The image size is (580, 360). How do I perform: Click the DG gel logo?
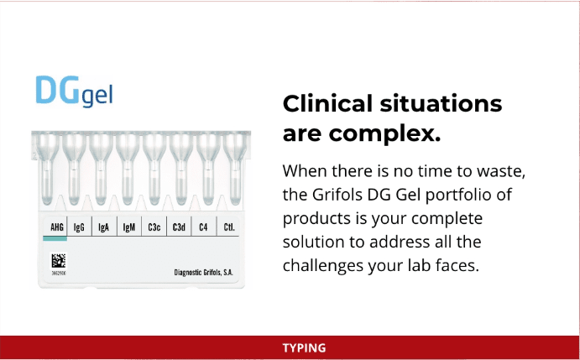tap(74, 91)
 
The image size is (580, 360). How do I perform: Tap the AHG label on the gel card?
tap(57, 227)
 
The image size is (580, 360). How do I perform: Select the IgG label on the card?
tap(79, 227)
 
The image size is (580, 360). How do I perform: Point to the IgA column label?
tap(103, 227)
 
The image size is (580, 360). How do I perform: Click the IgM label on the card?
tap(128, 227)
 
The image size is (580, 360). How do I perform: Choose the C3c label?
tap(154, 227)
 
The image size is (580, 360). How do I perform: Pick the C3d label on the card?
tap(179, 227)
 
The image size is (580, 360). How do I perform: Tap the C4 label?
tap(203, 227)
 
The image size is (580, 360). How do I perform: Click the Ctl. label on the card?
tap(229, 227)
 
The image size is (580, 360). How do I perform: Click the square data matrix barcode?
tap(59, 261)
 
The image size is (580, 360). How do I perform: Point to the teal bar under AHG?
tap(55, 238)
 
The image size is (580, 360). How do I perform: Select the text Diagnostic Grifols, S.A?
tap(203, 273)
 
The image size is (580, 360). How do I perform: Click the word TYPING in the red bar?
tap(304, 348)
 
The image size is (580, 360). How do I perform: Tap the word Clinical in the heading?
tap(328, 103)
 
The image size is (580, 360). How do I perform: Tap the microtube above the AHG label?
tap(47, 169)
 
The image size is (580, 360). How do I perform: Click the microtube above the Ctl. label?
tap(235, 169)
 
